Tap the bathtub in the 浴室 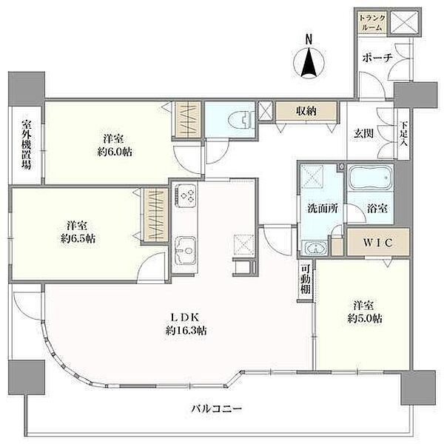370,178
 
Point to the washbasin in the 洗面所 315,248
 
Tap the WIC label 377,242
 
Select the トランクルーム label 372,23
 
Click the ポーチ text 377,58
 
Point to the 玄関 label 364,133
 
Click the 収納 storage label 306,111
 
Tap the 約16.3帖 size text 186,330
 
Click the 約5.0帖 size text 365,318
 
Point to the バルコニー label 217,408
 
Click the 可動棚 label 305,279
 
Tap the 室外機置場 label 27,145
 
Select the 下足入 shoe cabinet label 403,134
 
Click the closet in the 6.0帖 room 186,120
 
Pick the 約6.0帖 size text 115,152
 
